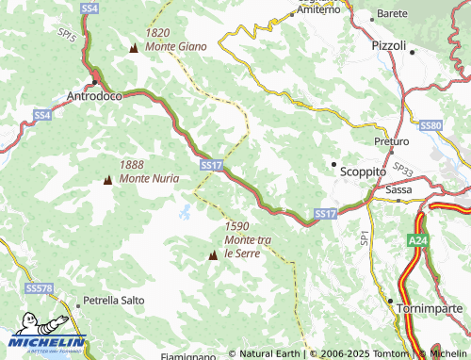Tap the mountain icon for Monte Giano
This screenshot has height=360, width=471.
click(x=132, y=47)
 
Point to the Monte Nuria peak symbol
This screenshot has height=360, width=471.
click(x=106, y=179)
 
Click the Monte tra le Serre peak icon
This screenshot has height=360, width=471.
click(x=213, y=254)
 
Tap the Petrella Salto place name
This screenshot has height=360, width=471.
click(x=114, y=301)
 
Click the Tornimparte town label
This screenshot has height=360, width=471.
click(x=430, y=308)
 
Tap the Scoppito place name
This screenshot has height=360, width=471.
click(x=364, y=172)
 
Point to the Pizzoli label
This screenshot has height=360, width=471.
click(x=388, y=45)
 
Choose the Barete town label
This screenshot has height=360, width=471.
click(x=390, y=14)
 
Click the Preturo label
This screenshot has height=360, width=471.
click(x=391, y=140)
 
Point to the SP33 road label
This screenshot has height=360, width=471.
click(x=403, y=169)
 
